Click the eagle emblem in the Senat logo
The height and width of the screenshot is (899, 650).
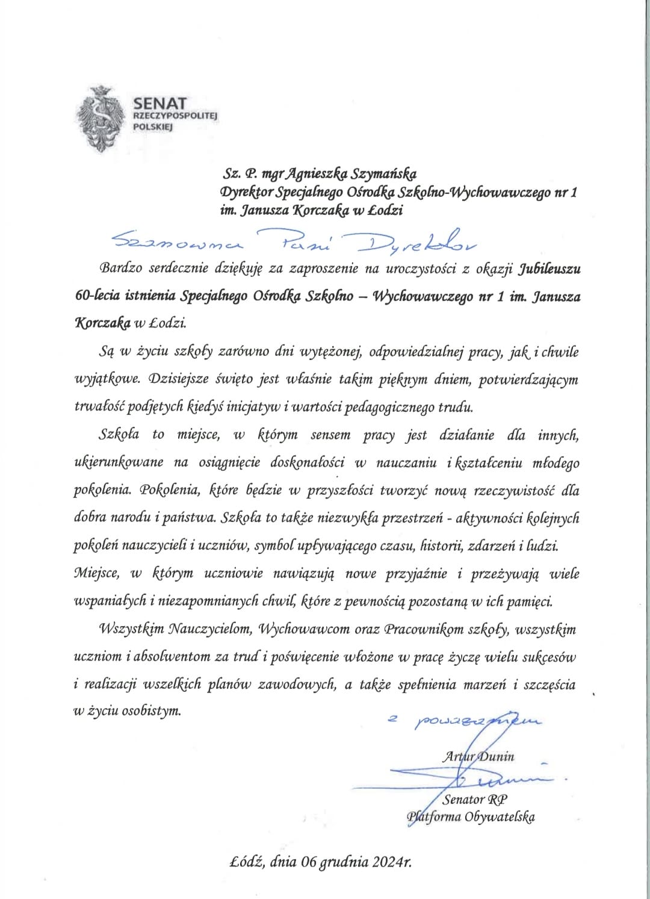point(102,119)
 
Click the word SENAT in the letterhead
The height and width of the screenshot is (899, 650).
point(160,104)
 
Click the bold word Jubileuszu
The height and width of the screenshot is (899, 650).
point(549,269)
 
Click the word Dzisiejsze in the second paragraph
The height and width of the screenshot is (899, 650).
point(183,379)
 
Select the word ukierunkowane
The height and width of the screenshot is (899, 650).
point(118,462)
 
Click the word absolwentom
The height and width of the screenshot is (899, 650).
point(173,657)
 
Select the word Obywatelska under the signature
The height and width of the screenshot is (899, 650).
point(499,817)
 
